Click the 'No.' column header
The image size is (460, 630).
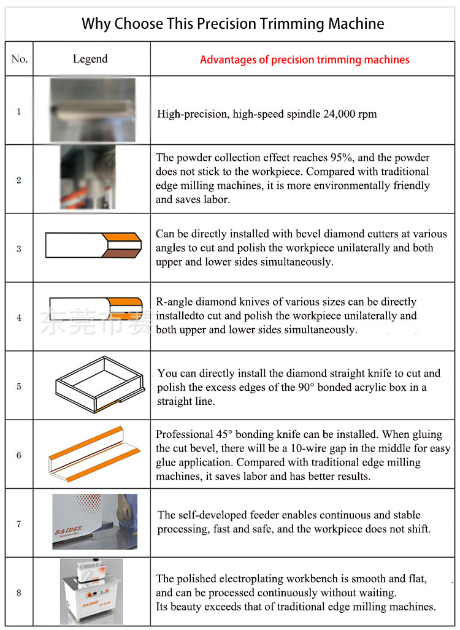pyautogui.click(x=19, y=59)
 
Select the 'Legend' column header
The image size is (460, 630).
pyautogui.click(x=90, y=59)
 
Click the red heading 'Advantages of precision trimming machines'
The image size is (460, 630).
pyautogui.click(x=305, y=60)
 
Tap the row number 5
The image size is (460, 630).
pyautogui.click(x=19, y=386)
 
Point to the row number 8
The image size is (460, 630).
pyautogui.click(x=19, y=592)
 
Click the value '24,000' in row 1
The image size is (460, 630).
pyautogui.click(x=339, y=114)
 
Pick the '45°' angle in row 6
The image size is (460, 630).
pyautogui.click(x=224, y=434)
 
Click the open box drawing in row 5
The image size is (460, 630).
pyautogui.click(x=100, y=385)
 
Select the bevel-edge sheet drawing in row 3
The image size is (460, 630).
pyautogui.click(x=94, y=245)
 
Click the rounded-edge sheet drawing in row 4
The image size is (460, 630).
pyautogui.click(x=96, y=308)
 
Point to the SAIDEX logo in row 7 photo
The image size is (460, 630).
pyautogui.click(x=68, y=531)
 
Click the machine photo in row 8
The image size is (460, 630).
pyautogui.click(x=91, y=591)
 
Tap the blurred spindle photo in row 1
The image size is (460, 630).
pyautogui.click(x=93, y=110)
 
